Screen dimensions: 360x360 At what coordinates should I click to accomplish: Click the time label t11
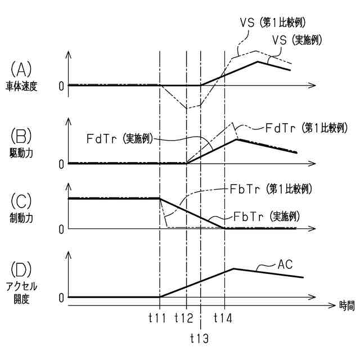click(157, 318)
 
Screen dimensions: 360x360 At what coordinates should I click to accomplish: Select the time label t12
click(184, 318)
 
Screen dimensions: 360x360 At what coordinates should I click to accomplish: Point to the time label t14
click(223, 318)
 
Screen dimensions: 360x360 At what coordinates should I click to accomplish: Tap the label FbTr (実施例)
click(265, 216)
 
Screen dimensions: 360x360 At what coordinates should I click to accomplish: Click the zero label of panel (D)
click(61, 297)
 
